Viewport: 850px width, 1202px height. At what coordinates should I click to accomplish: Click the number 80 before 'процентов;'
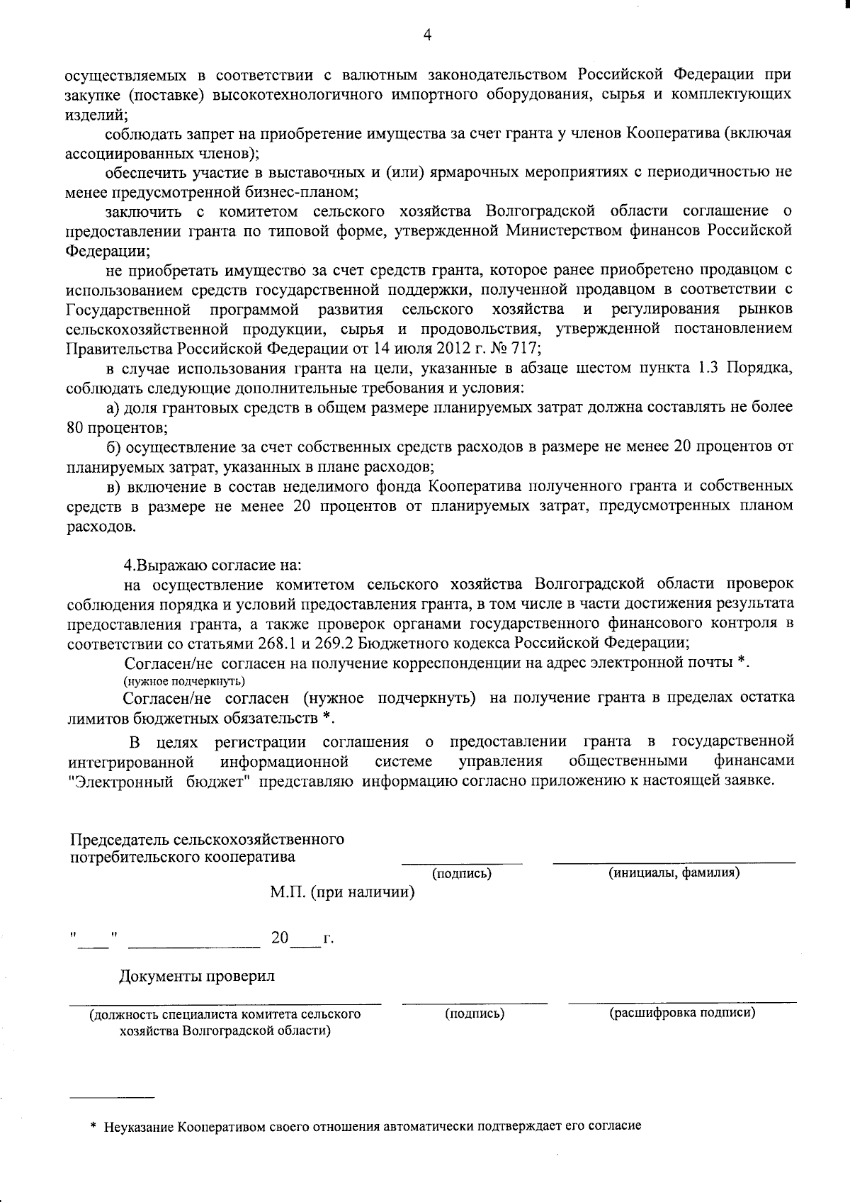point(75,427)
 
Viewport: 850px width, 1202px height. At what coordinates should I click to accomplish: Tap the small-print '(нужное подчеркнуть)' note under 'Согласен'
point(184,681)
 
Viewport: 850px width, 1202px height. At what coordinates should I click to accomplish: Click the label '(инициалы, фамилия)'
point(674,873)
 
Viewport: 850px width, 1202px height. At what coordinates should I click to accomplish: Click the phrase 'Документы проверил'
point(196,976)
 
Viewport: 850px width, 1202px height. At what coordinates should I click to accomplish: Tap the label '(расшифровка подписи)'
point(682,1013)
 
